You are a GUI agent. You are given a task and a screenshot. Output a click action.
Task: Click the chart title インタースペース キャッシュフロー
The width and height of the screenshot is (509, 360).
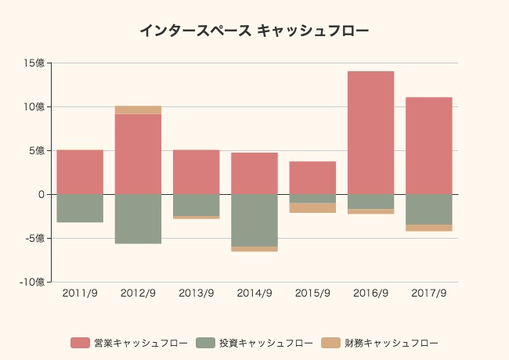coord(254,31)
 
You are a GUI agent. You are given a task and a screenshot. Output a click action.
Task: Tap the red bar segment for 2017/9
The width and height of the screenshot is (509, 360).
coord(428,146)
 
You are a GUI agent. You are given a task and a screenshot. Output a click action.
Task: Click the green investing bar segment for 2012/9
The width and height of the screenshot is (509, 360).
coord(138,218)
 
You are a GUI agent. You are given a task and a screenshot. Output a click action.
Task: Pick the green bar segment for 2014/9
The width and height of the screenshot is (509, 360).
coord(254,220)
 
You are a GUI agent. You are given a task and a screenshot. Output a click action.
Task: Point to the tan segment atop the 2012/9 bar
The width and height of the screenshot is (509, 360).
coord(138,110)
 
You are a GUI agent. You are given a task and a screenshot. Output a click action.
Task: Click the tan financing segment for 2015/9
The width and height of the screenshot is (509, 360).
coord(312,208)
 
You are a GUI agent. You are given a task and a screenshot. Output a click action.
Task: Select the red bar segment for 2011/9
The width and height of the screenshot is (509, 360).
coord(80,171)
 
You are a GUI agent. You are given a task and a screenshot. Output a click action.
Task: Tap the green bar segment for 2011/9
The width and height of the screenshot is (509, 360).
coord(80,207)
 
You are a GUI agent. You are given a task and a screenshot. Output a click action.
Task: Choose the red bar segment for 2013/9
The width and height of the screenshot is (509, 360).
coord(196,171)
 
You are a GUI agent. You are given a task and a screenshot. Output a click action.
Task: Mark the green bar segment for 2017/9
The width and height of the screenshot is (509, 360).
coord(428,209)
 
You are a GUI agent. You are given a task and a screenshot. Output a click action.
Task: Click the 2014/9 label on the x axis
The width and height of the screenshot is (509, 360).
coord(254,293)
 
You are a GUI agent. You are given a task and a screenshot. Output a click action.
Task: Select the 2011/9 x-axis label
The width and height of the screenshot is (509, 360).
coord(80,293)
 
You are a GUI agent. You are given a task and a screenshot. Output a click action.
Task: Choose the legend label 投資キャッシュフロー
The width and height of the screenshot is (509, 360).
coord(266,343)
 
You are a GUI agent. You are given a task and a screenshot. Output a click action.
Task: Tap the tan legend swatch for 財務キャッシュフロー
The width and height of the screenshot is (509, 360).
coord(331,343)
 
